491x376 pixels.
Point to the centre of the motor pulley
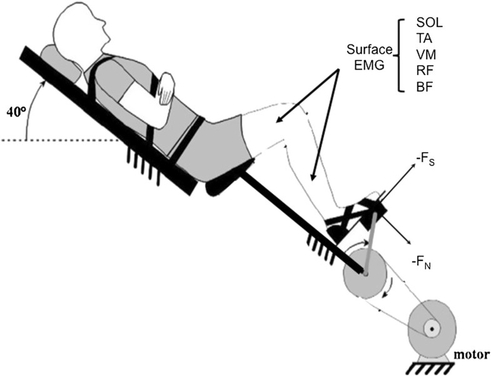point(431,328)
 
